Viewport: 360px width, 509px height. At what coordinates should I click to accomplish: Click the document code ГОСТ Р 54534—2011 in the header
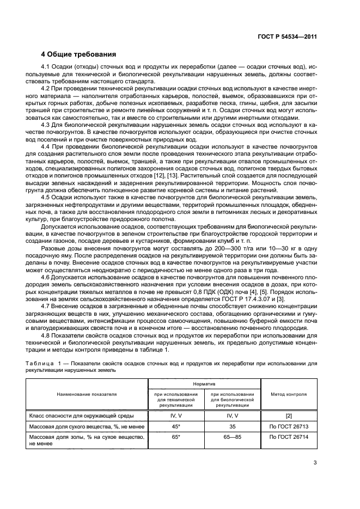point(287,37)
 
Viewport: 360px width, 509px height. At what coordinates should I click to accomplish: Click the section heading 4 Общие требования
point(79,54)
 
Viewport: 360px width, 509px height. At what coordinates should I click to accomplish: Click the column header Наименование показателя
point(88,394)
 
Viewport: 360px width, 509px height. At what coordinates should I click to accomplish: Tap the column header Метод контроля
point(289,394)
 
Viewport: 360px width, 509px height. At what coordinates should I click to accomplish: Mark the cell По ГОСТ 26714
point(289,437)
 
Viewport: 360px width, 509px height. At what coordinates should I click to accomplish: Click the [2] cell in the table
point(289,415)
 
